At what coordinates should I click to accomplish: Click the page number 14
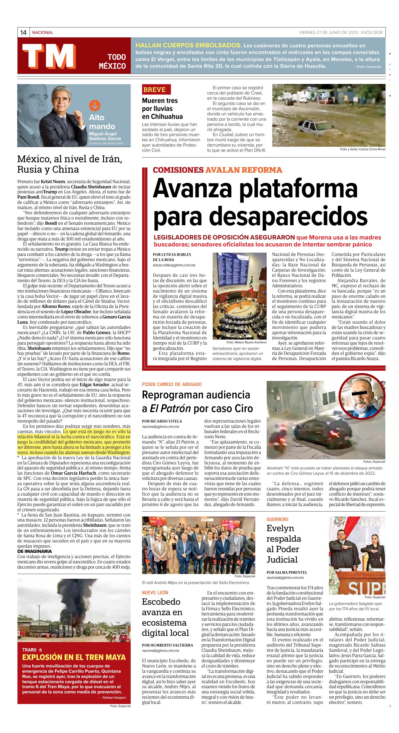point(23,33)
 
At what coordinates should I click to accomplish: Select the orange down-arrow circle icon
point(95,106)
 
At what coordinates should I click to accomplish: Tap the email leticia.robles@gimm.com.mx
point(174,265)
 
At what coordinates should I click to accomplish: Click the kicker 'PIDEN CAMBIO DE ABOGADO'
point(172,384)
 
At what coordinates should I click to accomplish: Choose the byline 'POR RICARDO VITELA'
point(162,421)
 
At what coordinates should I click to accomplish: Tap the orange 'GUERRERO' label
point(277,519)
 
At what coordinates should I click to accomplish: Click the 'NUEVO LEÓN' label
point(155,592)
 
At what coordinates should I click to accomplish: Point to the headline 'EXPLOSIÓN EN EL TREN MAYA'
point(74,657)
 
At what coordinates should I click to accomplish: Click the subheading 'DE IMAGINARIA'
point(34,551)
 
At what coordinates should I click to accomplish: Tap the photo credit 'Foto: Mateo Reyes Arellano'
point(246,342)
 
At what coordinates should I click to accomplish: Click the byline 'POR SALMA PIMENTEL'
point(287,572)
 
